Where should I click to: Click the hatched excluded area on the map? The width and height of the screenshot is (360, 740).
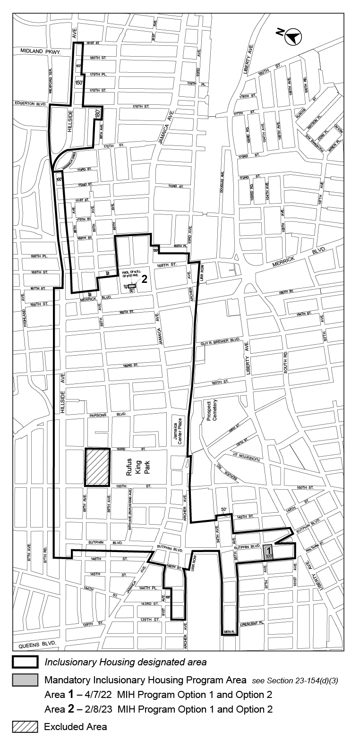pyautogui.click(x=97, y=467)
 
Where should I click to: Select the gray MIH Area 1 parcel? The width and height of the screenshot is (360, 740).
pyautogui.click(x=268, y=552)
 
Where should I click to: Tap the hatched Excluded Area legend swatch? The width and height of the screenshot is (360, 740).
pyautogui.click(x=26, y=726)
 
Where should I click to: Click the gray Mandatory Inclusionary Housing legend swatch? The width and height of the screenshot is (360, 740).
pyautogui.click(x=26, y=680)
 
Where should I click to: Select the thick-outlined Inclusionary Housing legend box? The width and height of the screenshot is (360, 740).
pyautogui.click(x=26, y=662)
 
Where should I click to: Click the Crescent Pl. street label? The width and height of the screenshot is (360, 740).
pyautogui.click(x=254, y=624)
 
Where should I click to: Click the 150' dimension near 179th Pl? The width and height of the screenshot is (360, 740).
pyautogui.click(x=78, y=83)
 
